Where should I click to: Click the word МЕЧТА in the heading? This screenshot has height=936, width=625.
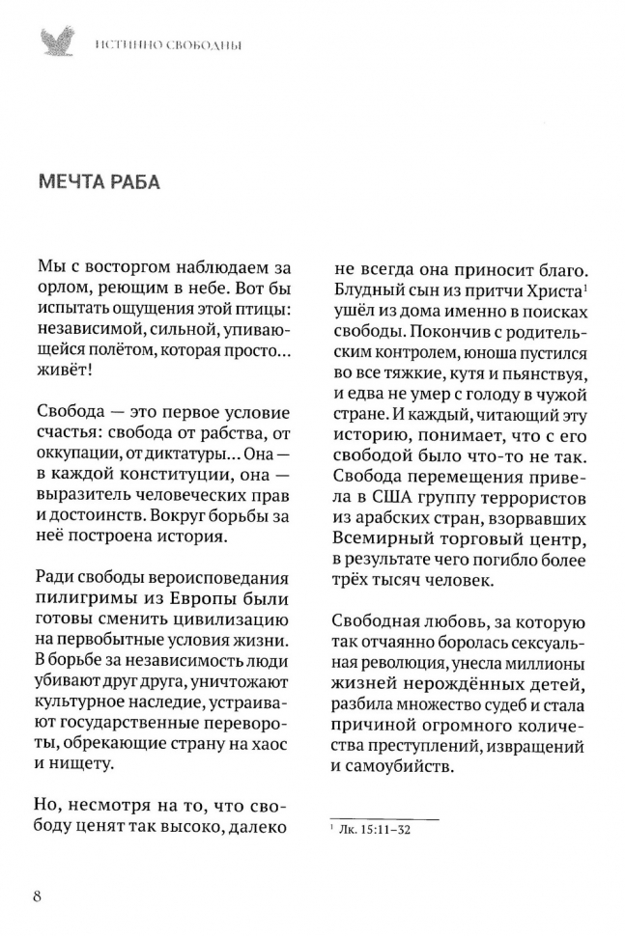[x=79, y=183]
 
